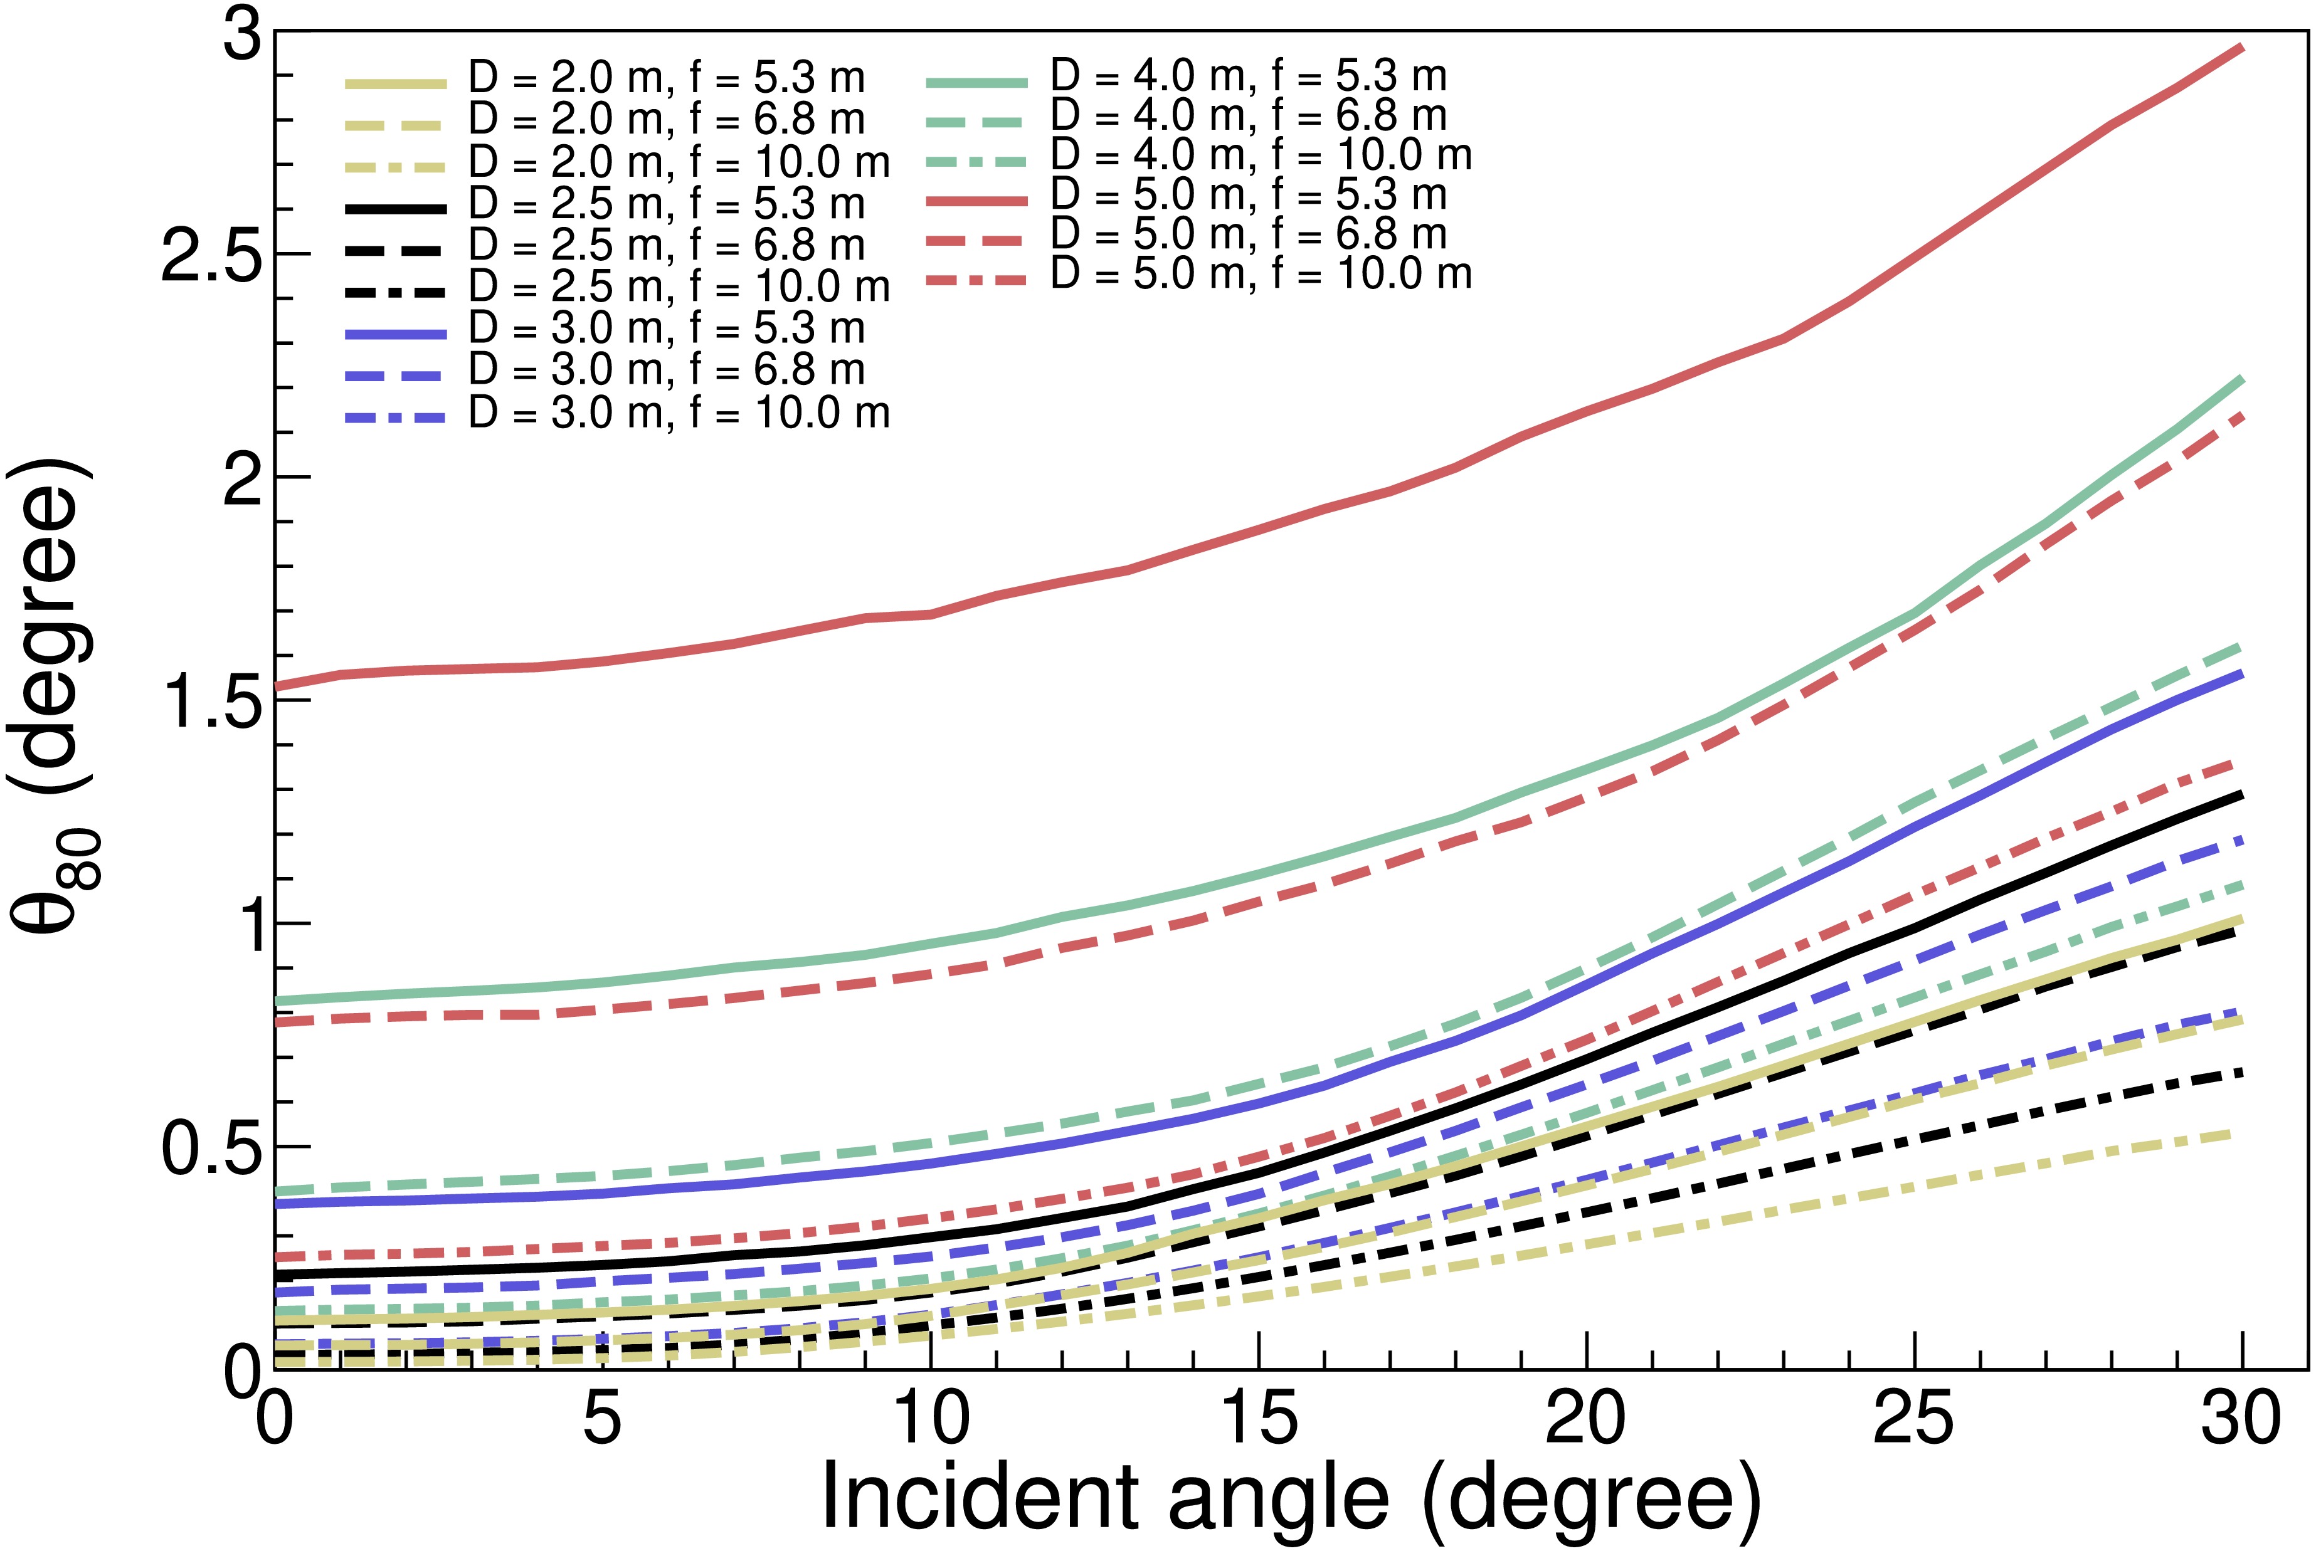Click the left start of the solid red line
[x=277, y=685]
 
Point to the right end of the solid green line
[x=2243, y=379]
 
